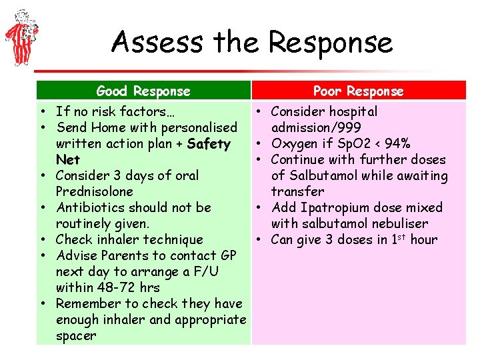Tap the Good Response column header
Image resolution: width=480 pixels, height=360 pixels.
tap(143, 91)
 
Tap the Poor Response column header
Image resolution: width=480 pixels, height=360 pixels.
tap(359, 91)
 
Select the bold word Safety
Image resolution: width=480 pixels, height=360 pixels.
tap(209, 143)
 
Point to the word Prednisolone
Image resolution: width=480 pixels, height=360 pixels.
tap(95, 191)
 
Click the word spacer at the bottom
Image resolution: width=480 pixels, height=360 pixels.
tap(77, 335)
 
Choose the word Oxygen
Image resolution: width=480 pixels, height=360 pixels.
tap(296, 143)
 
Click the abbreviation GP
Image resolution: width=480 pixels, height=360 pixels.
tap(227, 255)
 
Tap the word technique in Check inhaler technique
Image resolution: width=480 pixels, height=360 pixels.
tap(172, 239)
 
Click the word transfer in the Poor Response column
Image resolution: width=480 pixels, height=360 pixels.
tap(297, 191)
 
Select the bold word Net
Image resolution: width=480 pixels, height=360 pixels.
tap(68, 159)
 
